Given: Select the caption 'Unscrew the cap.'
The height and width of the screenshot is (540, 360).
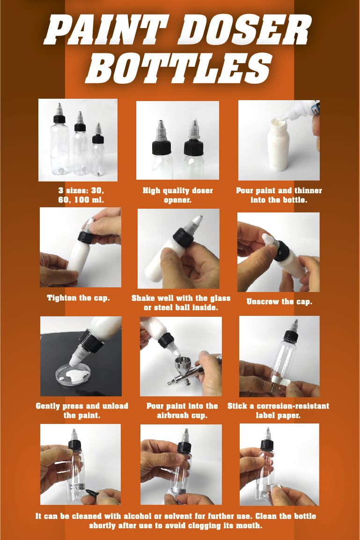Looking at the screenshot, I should point(279,301).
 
